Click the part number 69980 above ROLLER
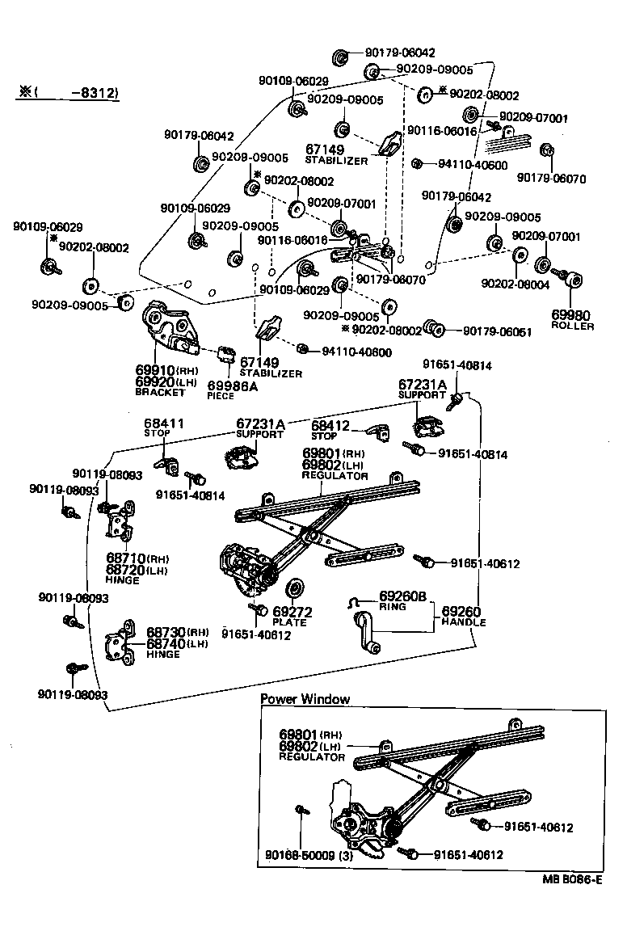pyautogui.click(x=571, y=314)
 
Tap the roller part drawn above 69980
pyautogui.click(x=576, y=280)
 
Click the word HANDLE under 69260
pyautogui.click(x=463, y=623)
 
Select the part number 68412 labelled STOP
pyautogui.click(x=330, y=425)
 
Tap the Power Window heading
pyautogui.click(x=305, y=699)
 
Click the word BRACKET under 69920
pyautogui.click(x=160, y=392)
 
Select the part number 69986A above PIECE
pyautogui.click(x=233, y=385)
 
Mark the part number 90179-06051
pyautogui.click(x=497, y=331)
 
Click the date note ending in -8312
pyautogui.click(x=69, y=93)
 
